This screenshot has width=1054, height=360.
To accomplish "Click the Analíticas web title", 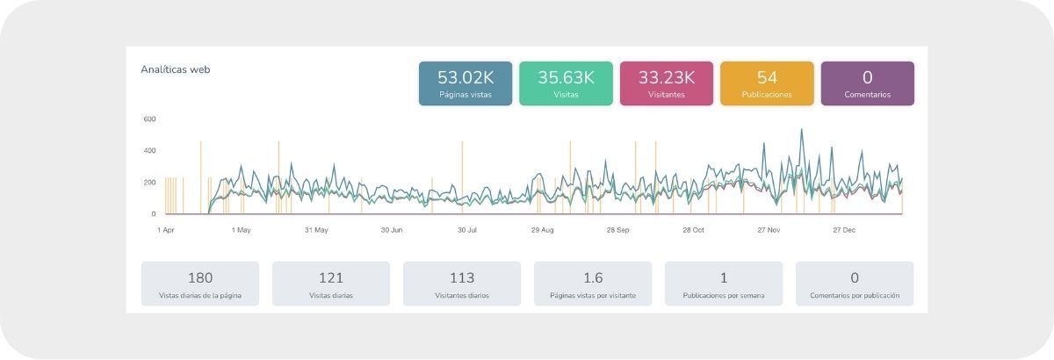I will tap(176, 69).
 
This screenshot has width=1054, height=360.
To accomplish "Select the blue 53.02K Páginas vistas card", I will tap(466, 83).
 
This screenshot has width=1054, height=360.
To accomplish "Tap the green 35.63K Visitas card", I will tap(567, 83).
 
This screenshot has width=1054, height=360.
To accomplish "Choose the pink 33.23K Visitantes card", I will tap(667, 83).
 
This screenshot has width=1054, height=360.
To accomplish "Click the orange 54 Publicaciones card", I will tap(767, 83).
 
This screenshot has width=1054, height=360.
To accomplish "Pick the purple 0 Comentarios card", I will tap(867, 83).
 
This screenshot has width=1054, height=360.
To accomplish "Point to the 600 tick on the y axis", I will tap(149, 119).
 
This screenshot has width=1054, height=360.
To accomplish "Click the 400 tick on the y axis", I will tap(149, 151).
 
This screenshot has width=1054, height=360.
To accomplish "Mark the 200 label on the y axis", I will tap(149, 183).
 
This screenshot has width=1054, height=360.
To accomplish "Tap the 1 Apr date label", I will tap(166, 230).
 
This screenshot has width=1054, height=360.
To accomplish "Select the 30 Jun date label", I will tap(392, 230).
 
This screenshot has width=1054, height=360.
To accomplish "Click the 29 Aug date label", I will tap(542, 230).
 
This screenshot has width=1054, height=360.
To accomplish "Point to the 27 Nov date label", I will tap(769, 230).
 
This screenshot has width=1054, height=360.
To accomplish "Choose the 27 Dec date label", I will tap(843, 230).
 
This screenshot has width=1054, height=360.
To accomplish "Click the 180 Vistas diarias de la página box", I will tap(200, 284).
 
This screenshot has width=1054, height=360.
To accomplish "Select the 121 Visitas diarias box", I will tap(331, 284).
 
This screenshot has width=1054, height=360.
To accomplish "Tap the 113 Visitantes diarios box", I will tap(462, 284).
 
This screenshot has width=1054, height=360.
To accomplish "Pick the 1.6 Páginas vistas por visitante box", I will tap(593, 284).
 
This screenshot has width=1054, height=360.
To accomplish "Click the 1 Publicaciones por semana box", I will tap(724, 284).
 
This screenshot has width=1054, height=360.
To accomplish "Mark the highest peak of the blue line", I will tap(801, 130).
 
